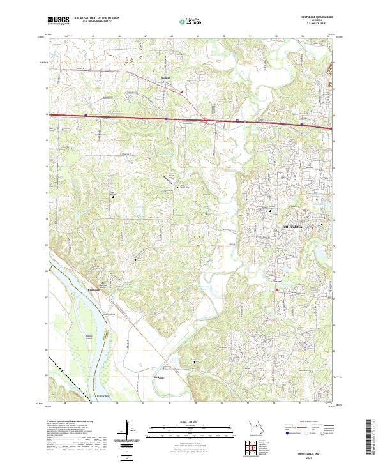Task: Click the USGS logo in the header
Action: click(x=58, y=21)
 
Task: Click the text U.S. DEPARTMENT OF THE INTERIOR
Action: click(x=97, y=19)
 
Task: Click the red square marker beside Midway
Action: click(x=182, y=91)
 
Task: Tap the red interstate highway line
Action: click(x=128, y=117)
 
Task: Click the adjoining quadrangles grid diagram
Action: click(x=253, y=448)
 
